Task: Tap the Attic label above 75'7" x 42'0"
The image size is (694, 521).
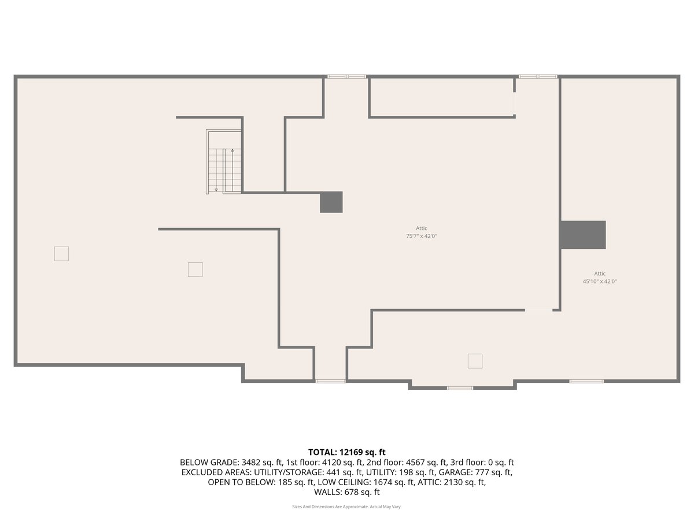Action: click(421, 228)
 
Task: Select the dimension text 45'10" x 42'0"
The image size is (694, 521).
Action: click(599, 281)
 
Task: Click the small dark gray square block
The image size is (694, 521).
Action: click(331, 202)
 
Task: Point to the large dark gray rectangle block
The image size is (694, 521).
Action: click(583, 234)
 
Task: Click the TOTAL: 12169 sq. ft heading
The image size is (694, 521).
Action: click(347, 452)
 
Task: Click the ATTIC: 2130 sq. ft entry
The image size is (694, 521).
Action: click(452, 482)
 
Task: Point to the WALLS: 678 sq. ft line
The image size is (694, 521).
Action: click(347, 492)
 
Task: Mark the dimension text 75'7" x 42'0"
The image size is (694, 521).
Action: click(421, 236)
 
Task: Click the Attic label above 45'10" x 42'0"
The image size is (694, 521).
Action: click(600, 274)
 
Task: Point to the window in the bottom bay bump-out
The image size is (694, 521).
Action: click(460, 388)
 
